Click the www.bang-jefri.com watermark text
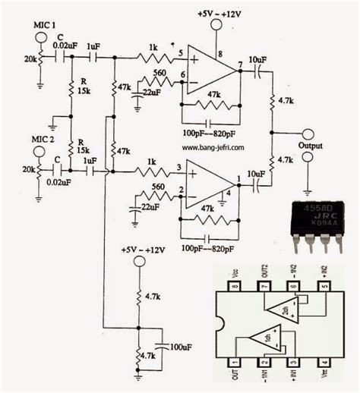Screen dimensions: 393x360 (x=214, y=149)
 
